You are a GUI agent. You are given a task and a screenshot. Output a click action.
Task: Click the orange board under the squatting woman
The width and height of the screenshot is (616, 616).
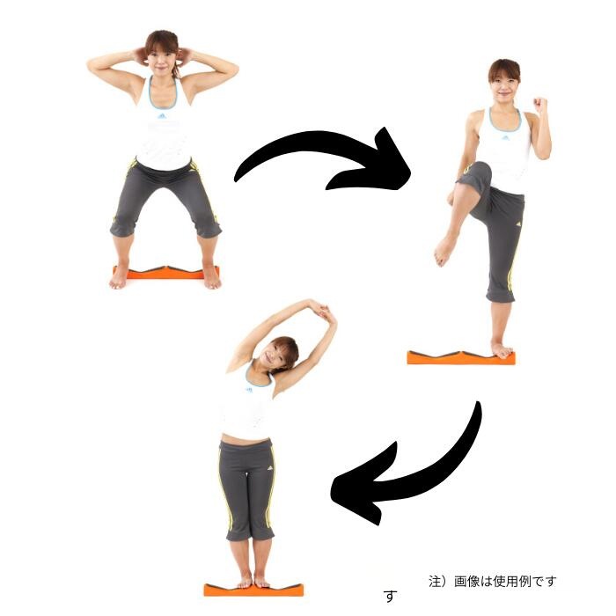point(165,273)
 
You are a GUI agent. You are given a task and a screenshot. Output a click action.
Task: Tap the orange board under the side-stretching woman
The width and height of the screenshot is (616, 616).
point(253,590)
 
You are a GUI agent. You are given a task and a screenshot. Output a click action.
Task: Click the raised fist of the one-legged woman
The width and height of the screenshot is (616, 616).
point(540,104)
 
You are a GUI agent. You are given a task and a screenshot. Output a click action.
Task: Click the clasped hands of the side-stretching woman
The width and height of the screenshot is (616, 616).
point(323,310)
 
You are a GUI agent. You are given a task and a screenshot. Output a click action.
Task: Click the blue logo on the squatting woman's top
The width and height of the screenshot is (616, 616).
point(162,116)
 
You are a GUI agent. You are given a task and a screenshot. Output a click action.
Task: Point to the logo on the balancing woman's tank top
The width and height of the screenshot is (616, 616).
point(507,137)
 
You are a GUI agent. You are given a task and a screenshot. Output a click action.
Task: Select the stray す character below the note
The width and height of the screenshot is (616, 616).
point(391,596)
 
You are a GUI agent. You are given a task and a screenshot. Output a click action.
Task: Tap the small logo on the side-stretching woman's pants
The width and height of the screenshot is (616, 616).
point(270,468)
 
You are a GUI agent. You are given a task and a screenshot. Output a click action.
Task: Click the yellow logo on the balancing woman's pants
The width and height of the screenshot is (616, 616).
point(518,224)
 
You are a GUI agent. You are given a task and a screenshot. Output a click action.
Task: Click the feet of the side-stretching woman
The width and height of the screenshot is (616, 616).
point(252,581)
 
